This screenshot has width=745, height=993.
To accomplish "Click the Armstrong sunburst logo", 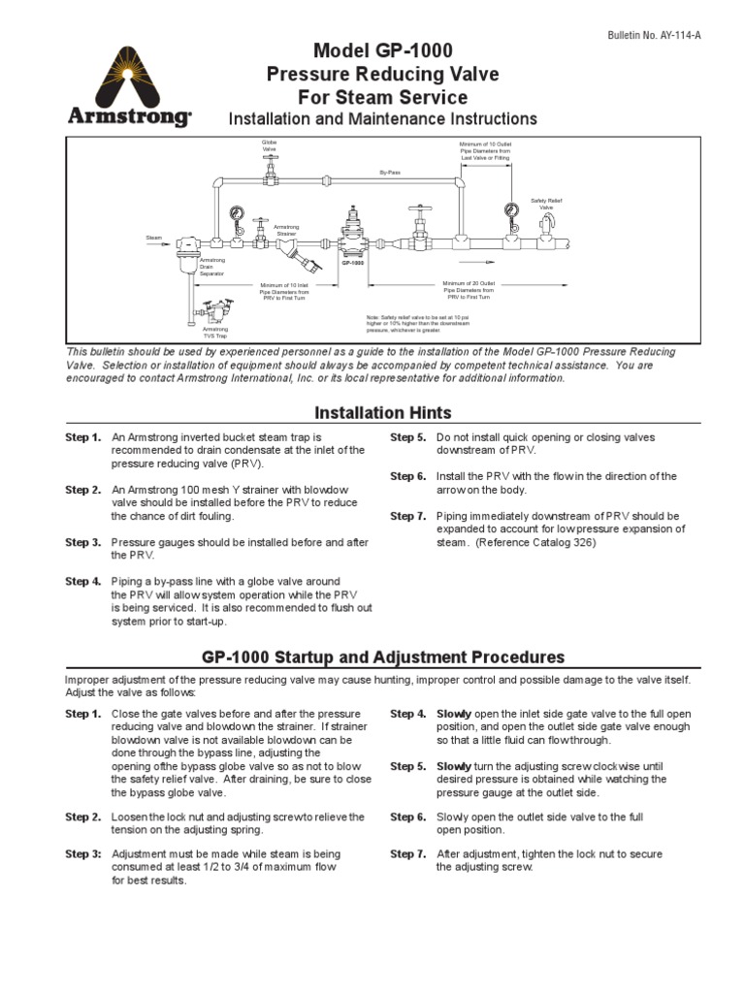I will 129,79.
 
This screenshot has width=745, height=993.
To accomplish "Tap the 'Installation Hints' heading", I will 369,413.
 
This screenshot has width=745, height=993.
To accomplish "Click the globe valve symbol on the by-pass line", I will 270,173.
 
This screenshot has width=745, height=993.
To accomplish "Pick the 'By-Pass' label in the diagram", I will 389,172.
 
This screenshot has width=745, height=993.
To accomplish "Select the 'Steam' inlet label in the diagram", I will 153,238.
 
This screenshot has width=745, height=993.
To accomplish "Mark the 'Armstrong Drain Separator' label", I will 211,268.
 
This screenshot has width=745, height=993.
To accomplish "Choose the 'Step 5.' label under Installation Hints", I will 407,438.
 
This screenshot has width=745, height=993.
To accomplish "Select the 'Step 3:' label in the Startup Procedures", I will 82,853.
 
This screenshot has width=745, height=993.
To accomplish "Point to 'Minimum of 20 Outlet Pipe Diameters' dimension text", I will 469,289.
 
